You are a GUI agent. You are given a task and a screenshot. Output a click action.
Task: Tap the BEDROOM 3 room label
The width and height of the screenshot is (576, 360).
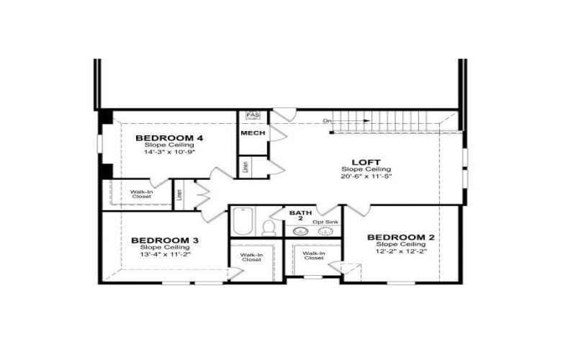[x=165, y=240]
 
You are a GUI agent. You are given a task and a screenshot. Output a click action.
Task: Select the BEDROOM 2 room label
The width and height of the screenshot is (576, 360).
[x=401, y=238]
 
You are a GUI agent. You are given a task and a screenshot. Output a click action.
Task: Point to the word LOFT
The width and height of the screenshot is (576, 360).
[x=366, y=162]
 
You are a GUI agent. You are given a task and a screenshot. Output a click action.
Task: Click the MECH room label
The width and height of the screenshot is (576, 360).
[x=253, y=133]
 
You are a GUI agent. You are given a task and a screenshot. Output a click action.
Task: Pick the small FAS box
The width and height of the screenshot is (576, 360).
[x=253, y=115]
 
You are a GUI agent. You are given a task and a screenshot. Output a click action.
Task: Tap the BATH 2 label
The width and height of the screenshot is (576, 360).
[x=300, y=217]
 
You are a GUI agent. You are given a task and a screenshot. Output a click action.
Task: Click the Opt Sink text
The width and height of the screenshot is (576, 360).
[x=325, y=222]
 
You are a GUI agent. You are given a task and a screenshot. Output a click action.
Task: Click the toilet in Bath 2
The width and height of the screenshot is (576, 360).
[x=269, y=228]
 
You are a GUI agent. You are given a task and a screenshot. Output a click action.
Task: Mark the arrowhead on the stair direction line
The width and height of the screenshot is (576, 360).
[x=368, y=120]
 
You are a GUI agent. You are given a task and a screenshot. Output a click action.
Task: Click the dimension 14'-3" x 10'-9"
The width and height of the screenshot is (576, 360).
[x=169, y=152]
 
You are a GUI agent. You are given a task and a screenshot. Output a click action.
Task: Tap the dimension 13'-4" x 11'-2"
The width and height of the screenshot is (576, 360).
[x=165, y=254]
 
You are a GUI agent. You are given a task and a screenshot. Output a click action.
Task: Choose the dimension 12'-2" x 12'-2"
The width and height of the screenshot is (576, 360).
[x=401, y=251]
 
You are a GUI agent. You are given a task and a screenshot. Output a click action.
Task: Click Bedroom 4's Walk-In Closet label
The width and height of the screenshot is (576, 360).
[x=141, y=194]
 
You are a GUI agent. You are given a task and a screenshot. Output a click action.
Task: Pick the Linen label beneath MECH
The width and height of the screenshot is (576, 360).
[x=246, y=166]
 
